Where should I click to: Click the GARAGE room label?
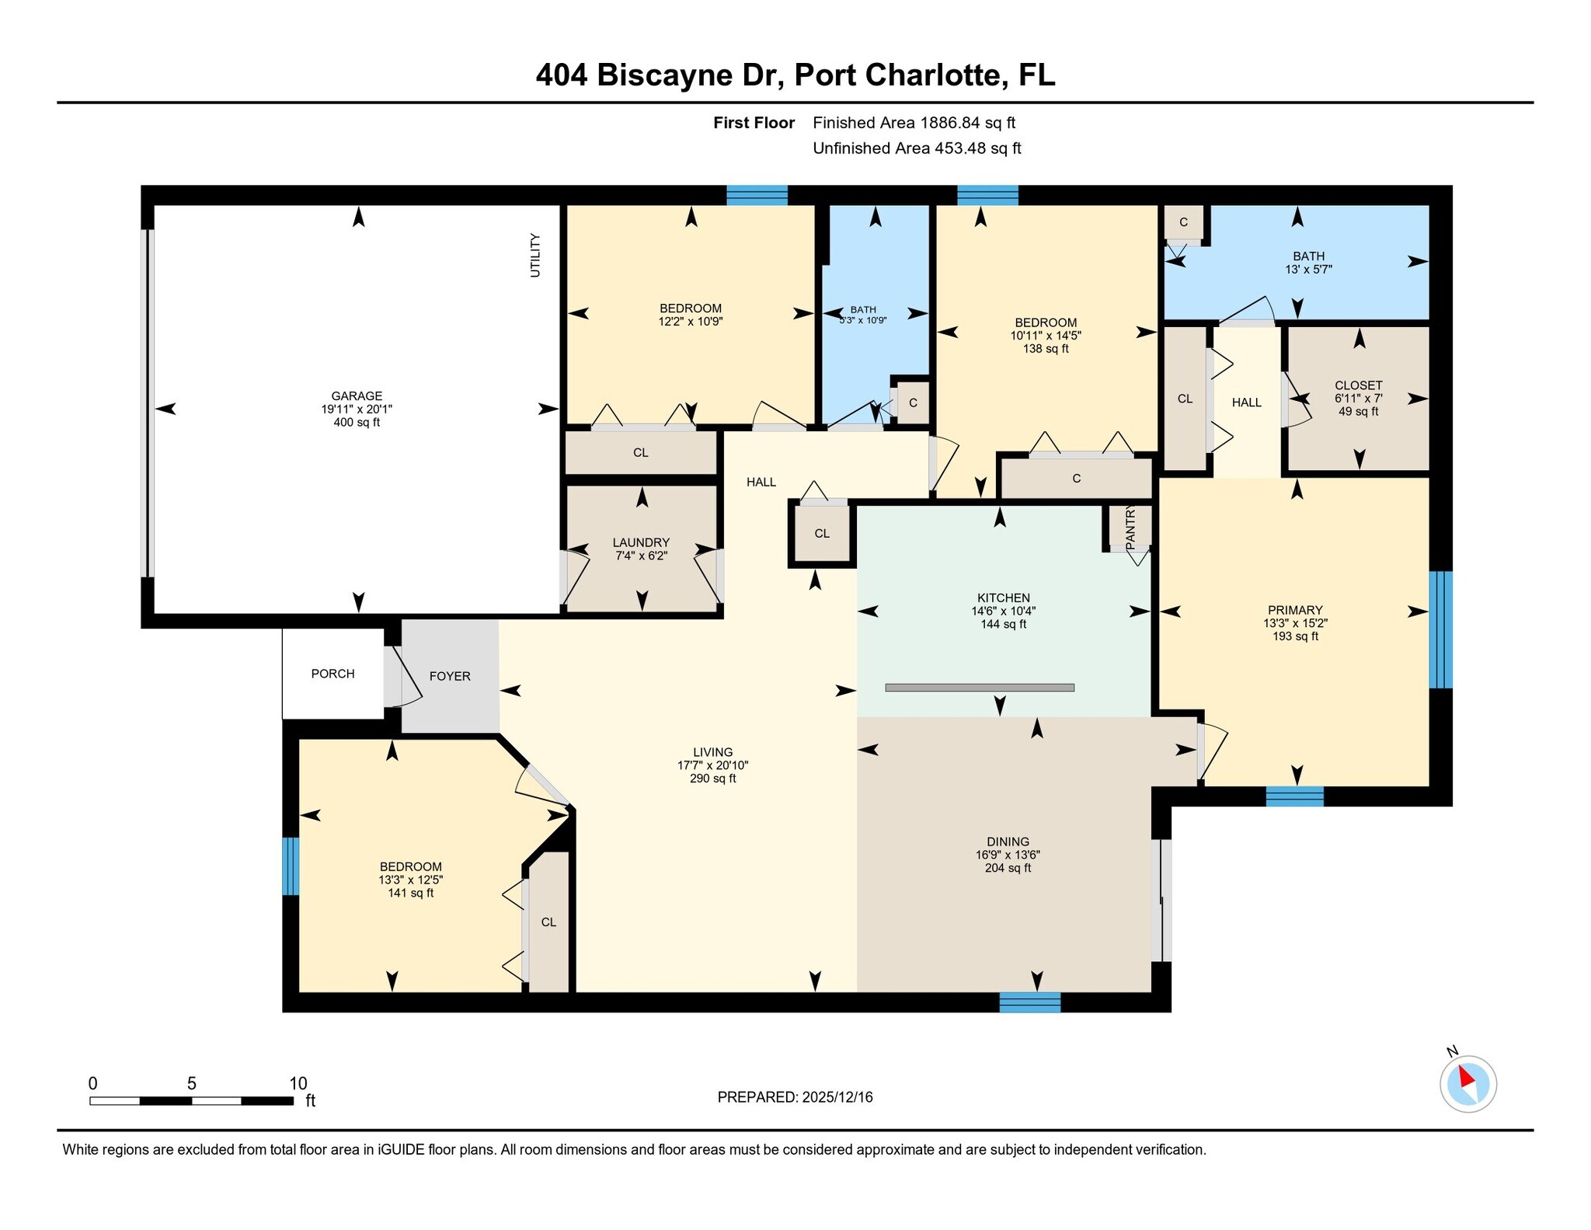pos(357,395)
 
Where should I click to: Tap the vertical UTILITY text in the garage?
pos(534,255)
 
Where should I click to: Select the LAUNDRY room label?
pos(641,542)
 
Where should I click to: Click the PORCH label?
pos(332,674)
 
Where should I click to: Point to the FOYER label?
pos(450,676)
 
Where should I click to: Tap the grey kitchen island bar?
pos(980,688)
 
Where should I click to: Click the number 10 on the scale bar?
pos(298,1083)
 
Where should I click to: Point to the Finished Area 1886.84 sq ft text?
pos(914,123)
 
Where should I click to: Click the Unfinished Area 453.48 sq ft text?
pos(916,148)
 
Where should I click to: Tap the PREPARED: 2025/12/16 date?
pos(795,1097)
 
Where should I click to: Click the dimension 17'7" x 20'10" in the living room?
pos(712,765)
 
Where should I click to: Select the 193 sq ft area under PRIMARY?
pos(1295,636)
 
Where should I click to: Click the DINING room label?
pos(1008,841)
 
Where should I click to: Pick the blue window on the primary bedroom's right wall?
pos(1440,629)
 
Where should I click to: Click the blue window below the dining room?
pos(1029,1002)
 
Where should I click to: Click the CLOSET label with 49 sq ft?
pos(1358,385)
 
